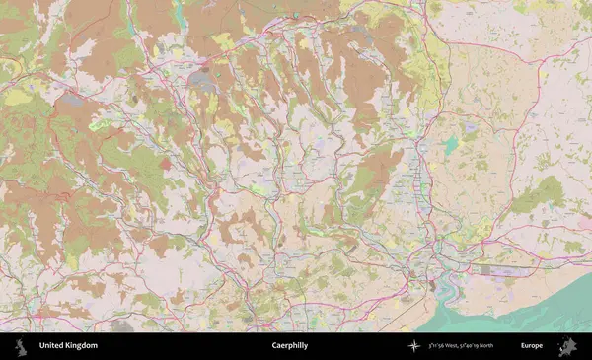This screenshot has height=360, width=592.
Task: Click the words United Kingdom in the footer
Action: pyautogui.click(x=68, y=346)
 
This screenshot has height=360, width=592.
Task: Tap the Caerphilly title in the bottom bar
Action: pyautogui.click(x=289, y=346)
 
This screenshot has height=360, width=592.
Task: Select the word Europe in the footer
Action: pyautogui.click(x=532, y=346)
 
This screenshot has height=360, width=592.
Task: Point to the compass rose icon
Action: pyautogui.click(x=413, y=346)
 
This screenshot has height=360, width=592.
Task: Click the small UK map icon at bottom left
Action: pyautogui.click(x=20, y=346)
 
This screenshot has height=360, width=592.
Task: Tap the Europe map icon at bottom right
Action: pyautogui.click(x=567, y=346)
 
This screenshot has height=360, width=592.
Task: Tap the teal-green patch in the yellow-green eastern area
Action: pyautogui.click(x=451, y=145)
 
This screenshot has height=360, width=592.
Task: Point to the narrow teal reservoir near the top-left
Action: pyautogui.click(x=180, y=14)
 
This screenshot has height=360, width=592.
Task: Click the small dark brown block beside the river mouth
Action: pyautogui.click(x=431, y=285)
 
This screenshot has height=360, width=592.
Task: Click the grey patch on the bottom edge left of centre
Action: pyautogui.click(x=121, y=324)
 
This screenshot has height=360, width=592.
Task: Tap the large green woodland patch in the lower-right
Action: pyautogui.click(x=551, y=193)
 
